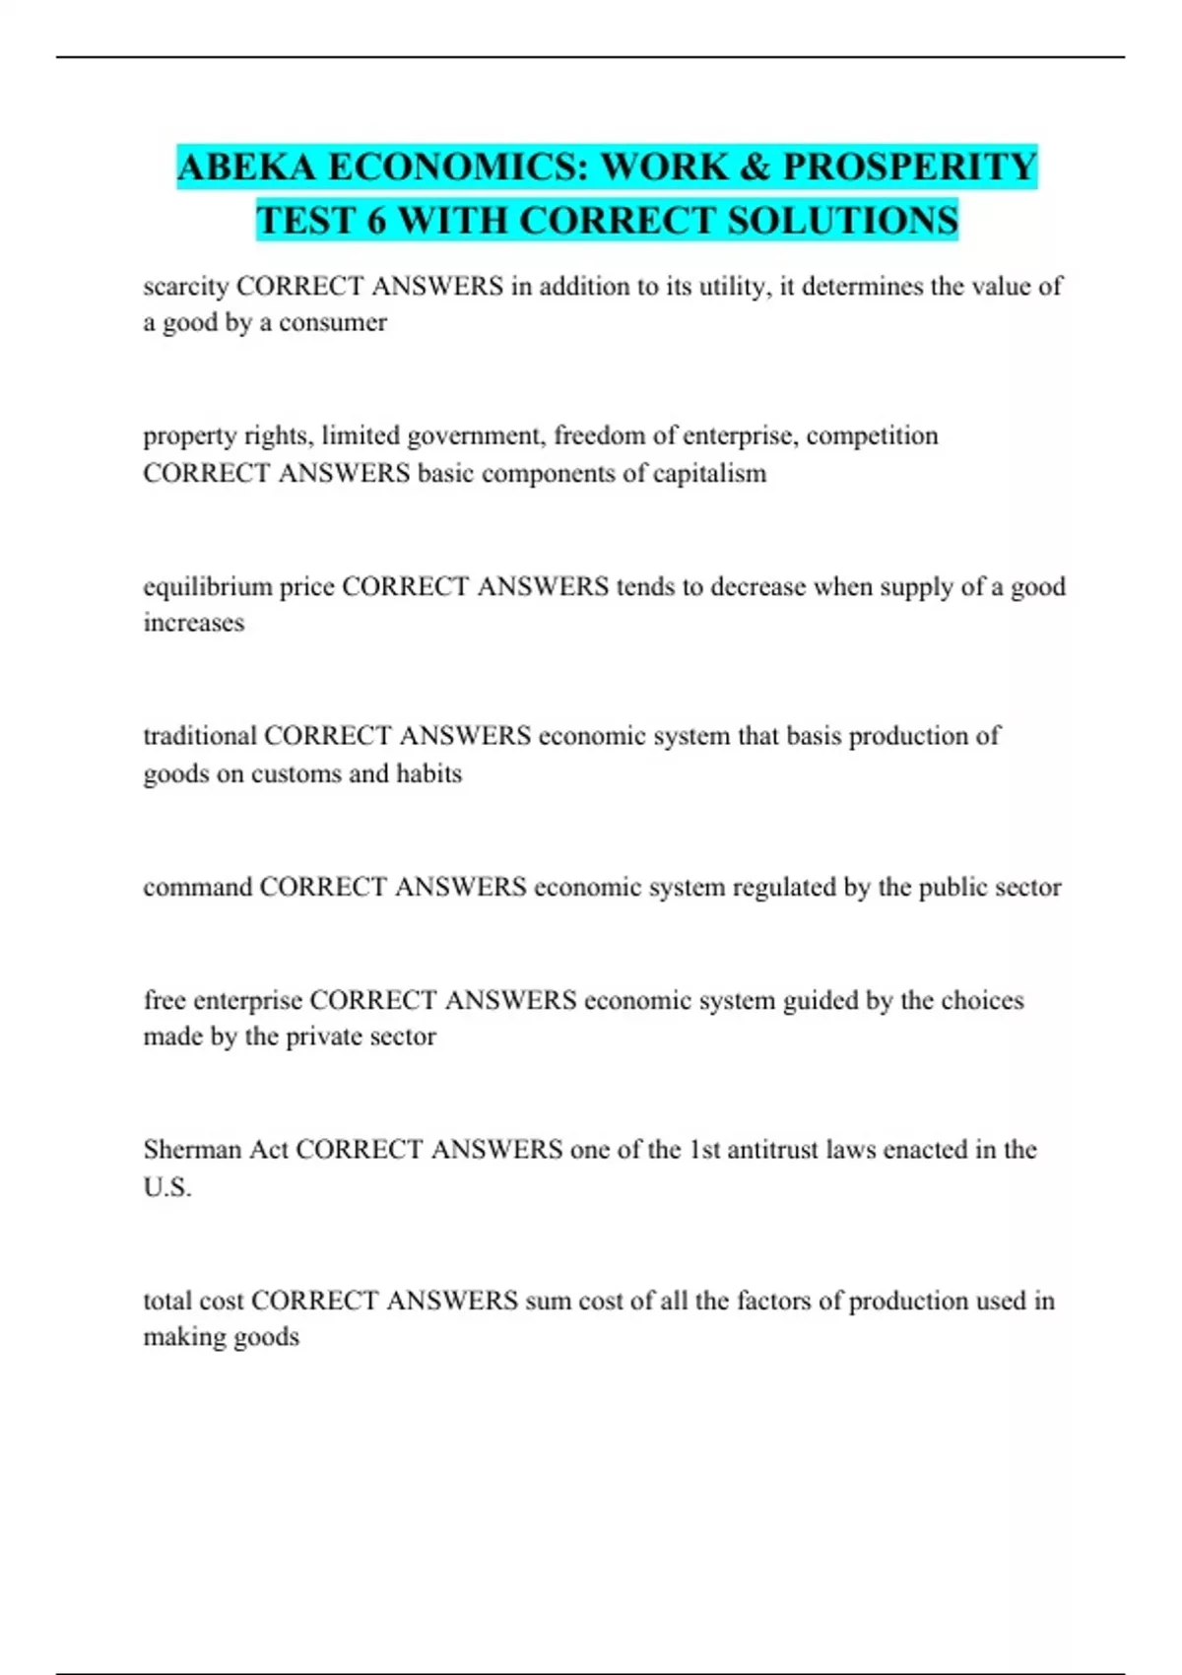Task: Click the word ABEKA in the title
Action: click(x=246, y=167)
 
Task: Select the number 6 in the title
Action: click(x=375, y=220)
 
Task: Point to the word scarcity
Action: click(x=186, y=287)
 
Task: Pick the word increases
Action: click(x=194, y=623)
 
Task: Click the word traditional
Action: click(x=200, y=736)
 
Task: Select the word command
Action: click(x=197, y=887)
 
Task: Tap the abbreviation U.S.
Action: click(x=167, y=1187)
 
